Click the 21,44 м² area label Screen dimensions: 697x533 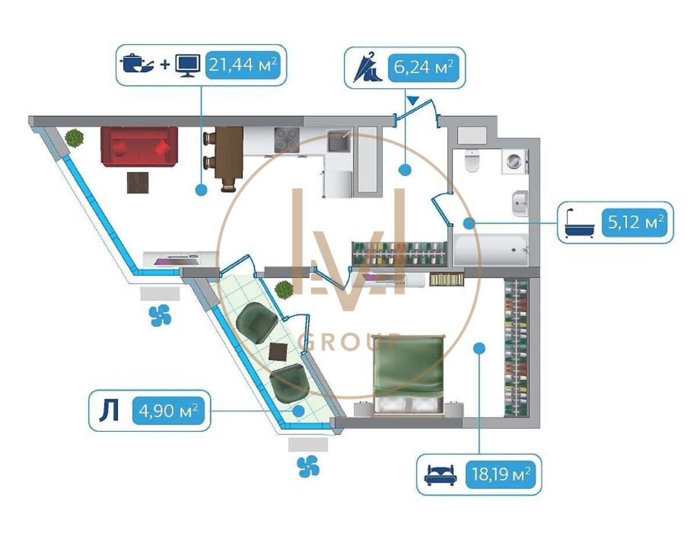[243, 65]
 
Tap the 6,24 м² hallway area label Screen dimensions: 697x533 [423, 67]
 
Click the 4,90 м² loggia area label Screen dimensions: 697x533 [168, 411]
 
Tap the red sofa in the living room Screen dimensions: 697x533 [139, 146]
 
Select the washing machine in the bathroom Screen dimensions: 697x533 [515, 162]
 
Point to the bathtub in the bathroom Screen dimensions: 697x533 [491, 250]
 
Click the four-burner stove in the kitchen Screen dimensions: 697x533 [287, 139]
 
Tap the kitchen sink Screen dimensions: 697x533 [339, 141]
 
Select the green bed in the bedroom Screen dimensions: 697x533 [409, 375]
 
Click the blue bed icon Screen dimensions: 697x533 [440, 475]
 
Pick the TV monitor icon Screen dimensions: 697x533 [188, 66]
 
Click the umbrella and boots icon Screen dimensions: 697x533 [368, 67]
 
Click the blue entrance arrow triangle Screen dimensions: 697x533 [414, 101]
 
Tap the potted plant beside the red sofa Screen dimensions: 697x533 [74, 138]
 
